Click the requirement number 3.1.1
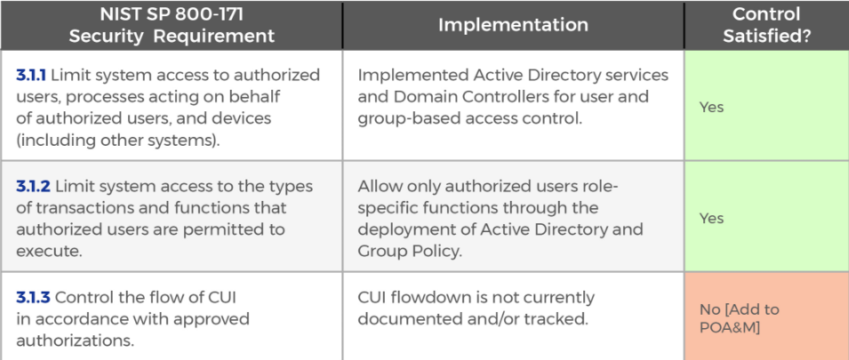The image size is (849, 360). click(x=31, y=75)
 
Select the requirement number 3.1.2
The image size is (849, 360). click(x=33, y=187)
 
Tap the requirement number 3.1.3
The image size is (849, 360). click(x=33, y=297)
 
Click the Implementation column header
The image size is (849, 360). click(x=513, y=25)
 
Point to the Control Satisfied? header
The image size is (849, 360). click(x=766, y=25)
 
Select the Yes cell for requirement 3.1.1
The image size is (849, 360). click(x=711, y=108)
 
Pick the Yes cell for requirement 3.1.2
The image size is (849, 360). click(x=711, y=218)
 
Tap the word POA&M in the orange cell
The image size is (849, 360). click(x=730, y=328)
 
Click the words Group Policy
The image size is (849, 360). click(x=410, y=252)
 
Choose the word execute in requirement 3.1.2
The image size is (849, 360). click(x=49, y=252)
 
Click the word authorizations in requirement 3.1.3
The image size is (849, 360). click(x=75, y=340)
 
